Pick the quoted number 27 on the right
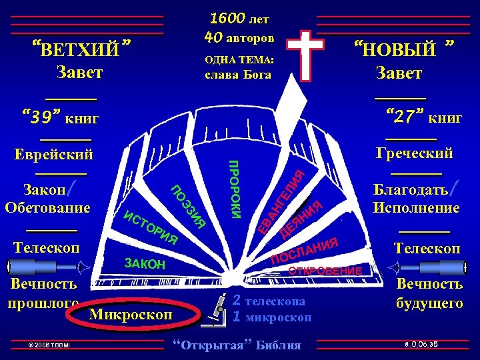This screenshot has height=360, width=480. click(405, 118)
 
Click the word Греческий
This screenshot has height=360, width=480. click(414, 153)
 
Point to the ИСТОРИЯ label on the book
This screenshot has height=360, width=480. click(151, 227)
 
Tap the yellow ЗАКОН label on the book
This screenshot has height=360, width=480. click(145, 264)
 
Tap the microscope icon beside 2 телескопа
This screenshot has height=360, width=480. click(217, 308)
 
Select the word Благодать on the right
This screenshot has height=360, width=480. click(411, 189)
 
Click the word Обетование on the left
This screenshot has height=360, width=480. click(47, 207)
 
